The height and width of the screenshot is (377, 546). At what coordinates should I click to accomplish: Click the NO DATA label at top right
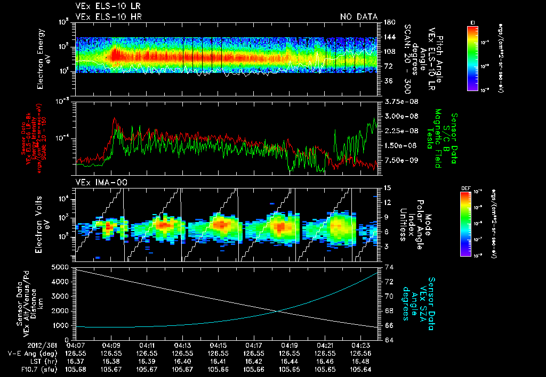(359, 17)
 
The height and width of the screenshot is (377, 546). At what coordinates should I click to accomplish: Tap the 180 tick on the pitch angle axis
(389, 22)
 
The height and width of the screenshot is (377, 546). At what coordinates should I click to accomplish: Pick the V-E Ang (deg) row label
(31, 353)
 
